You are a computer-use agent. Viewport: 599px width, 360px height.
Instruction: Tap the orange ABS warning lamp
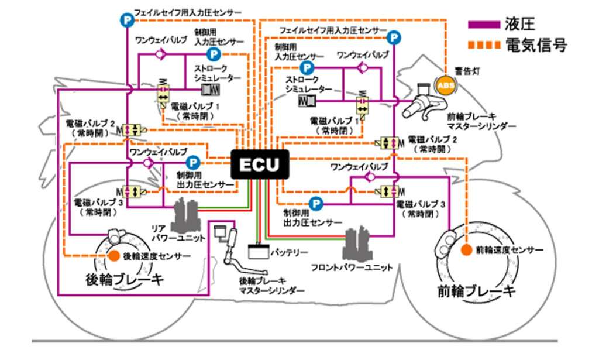(445, 85)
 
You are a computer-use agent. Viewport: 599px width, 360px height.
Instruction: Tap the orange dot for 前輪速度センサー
(466, 250)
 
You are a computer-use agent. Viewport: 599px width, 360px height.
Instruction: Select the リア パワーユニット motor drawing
(188, 214)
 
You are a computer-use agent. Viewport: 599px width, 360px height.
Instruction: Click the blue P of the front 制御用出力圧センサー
(316, 204)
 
